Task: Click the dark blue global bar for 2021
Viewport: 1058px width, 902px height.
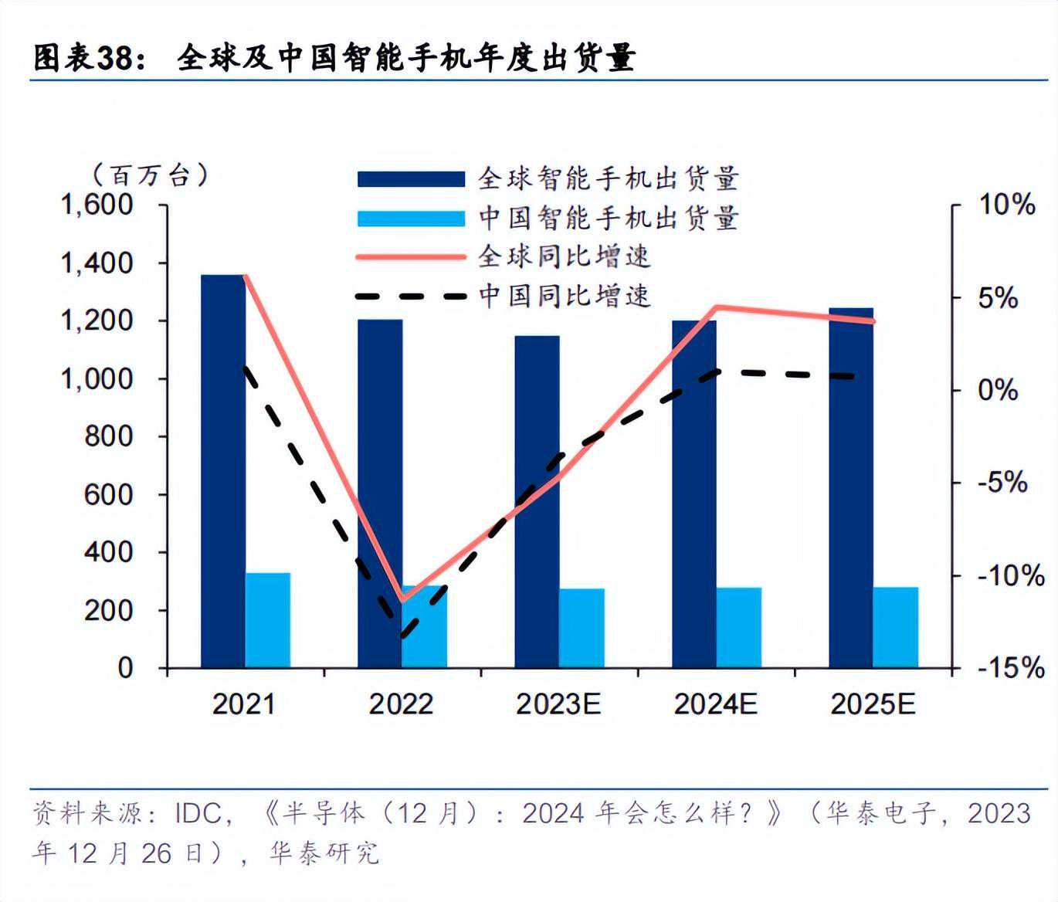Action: tap(222, 471)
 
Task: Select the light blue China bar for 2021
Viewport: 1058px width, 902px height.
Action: tap(268, 620)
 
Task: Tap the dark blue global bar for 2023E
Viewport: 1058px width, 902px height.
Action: tap(537, 502)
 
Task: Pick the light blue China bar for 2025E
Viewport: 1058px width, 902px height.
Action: tap(896, 627)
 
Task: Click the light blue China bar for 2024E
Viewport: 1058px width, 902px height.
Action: tap(739, 627)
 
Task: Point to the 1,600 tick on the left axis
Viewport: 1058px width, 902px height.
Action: tap(97, 205)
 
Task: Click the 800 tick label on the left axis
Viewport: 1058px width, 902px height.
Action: tap(109, 436)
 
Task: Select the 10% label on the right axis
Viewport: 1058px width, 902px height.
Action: tap(1006, 205)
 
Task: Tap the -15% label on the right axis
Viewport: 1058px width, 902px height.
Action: tap(1010, 667)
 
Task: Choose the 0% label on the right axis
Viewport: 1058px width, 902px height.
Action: tap(998, 390)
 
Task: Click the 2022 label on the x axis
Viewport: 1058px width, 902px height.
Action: tap(401, 704)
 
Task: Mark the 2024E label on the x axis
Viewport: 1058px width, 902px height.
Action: tap(715, 704)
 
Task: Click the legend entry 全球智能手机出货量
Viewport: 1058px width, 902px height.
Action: tap(609, 179)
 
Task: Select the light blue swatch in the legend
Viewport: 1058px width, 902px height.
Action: tap(411, 219)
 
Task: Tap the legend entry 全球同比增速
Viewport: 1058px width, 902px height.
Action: tap(565, 256)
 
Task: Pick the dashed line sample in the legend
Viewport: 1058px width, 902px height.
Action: tap(411, 296)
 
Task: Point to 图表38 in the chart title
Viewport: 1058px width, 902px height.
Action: tap(85, 59)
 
